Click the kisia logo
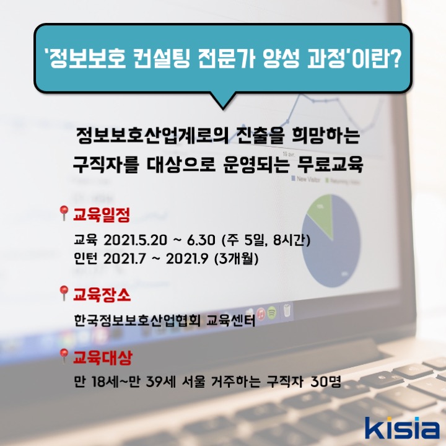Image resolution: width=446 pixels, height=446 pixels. click(x=402, y=427)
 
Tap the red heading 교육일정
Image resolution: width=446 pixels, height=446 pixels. click(x=102, y=215)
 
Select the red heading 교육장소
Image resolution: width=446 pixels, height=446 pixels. click(x=102, y=294)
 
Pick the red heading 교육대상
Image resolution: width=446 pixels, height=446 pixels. click(x=103, y=357)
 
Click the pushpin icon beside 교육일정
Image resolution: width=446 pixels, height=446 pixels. click(x=64, y=213)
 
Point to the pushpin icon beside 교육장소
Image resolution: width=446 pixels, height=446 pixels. click(x=64, y=293)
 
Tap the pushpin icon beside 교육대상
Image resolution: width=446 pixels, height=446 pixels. click(x=64, y=356)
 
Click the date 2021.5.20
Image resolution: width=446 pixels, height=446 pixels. click(x=135, y=240)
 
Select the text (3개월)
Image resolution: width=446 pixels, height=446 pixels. click(x=237, y=258)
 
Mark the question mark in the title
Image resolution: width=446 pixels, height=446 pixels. click(x=393, y=59)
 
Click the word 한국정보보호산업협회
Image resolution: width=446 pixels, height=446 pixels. click(x=138, y=321)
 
